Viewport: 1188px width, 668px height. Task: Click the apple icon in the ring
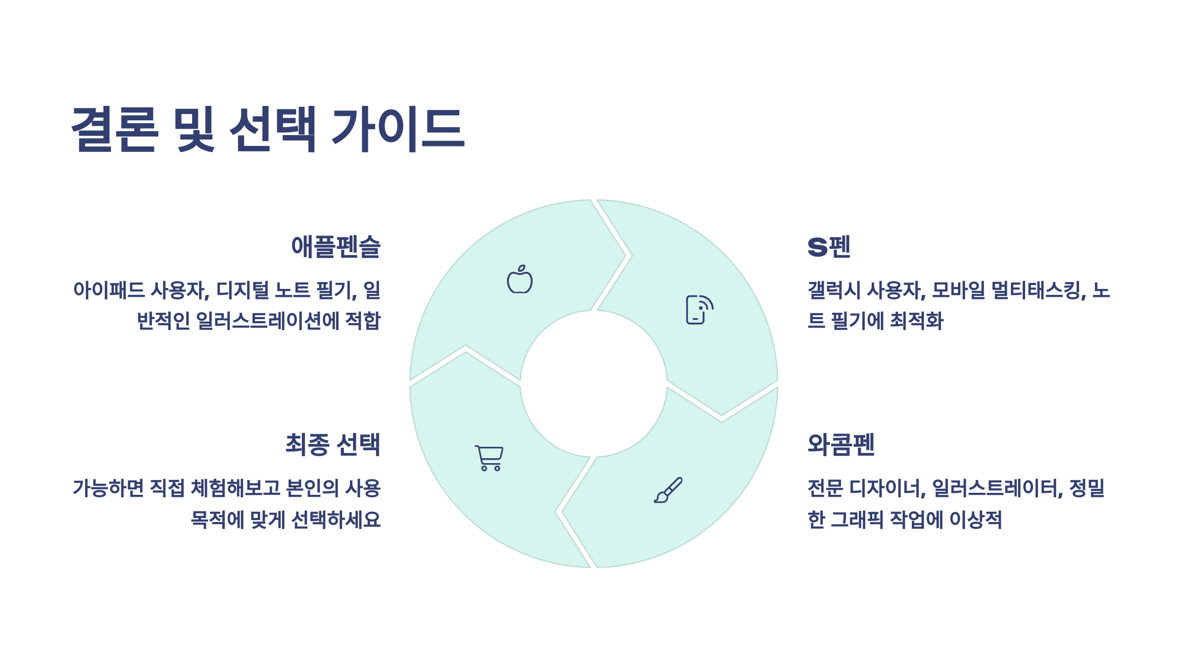pyautogui.click(x=520, y=280)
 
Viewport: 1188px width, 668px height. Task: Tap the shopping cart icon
pyautogui.click(x=489, y=458)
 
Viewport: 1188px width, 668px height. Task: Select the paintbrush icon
pyautogui.click(x=668, y=490)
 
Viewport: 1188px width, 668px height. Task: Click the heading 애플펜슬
pyautogui.click(x=336, y=247)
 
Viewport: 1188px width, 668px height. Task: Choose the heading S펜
pyautogui.click(x=829, y=247)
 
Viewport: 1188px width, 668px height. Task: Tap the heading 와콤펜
pyautogui.click(x=841, y=444)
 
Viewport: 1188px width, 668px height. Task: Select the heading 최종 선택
pyautogui.click(x=333, y=444)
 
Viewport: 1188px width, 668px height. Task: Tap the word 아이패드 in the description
pyautogui.click(x=109, y=290)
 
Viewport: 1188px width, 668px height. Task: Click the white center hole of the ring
pyautogui.click(x=594, y=384)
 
